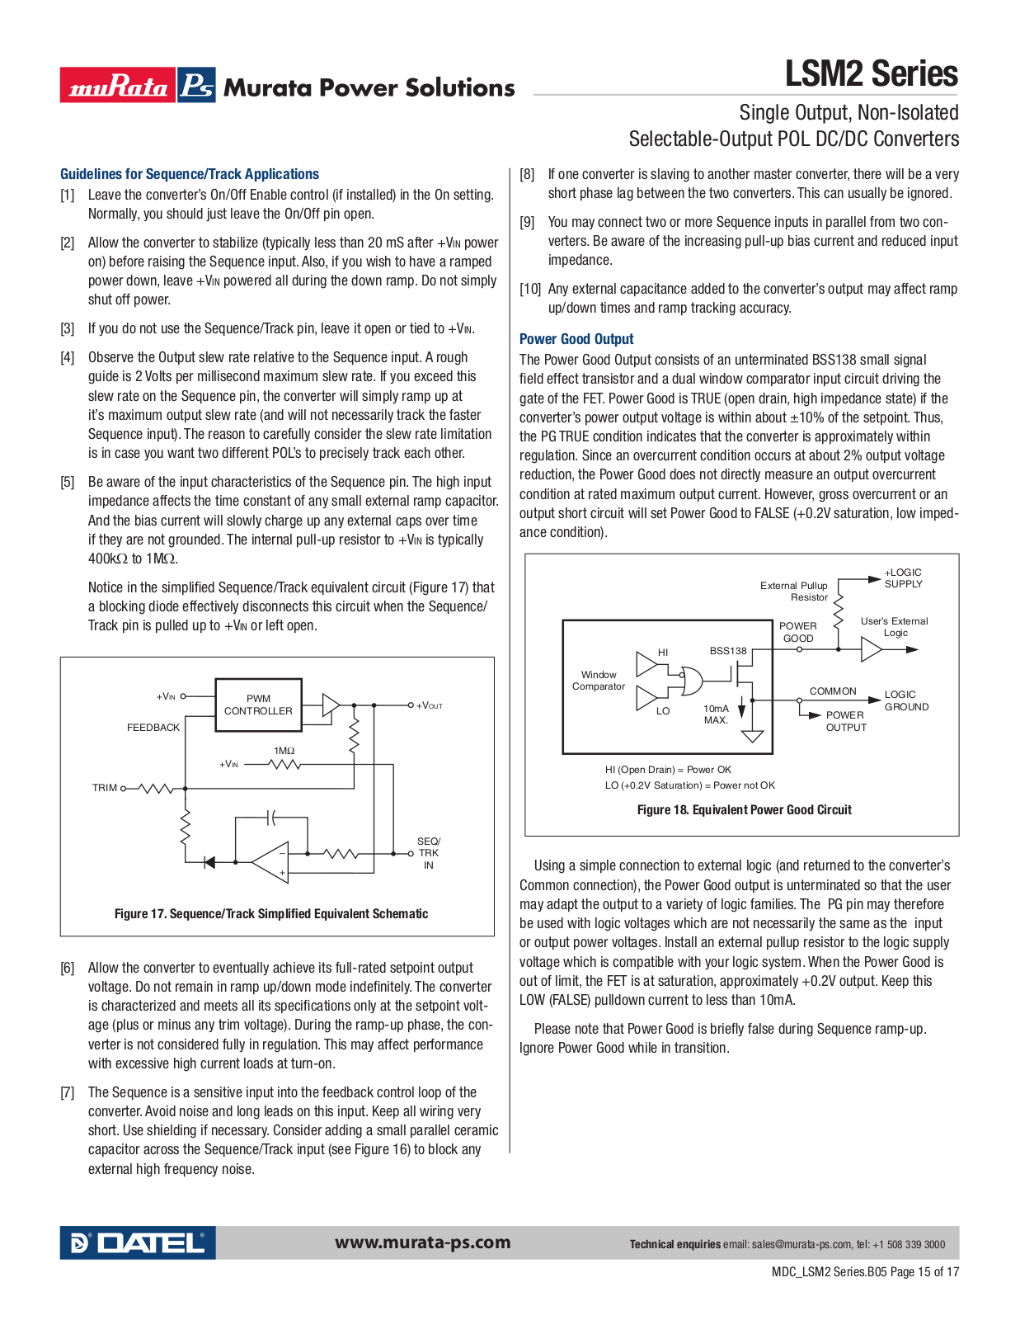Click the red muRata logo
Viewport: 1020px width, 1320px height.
(118, 85)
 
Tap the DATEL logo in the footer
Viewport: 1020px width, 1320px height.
(138, 1242)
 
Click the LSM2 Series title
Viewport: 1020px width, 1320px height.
(871, 73)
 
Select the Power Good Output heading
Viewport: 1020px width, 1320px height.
(576, 339)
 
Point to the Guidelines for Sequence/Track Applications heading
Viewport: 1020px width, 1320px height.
(190, 174)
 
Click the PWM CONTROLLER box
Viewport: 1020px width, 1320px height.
(258, 705)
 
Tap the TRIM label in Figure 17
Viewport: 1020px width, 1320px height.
(105, 788)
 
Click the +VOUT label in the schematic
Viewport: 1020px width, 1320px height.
(430, 705)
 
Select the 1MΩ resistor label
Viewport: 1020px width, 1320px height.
(284, 751)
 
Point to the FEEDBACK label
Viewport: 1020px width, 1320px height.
(153, 728)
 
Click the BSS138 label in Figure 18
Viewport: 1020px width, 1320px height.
(728, 651)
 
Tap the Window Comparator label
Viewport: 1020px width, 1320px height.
(599, 681)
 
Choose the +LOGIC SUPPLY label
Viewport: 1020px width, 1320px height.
(903, 578)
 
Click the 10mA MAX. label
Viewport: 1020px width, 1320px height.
(716, 714)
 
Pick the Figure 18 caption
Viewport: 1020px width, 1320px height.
(744, 810)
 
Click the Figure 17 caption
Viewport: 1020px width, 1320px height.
(271, 914)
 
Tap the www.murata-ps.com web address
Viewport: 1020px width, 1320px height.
(422, 1242)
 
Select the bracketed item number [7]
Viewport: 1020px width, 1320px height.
(68, 1092)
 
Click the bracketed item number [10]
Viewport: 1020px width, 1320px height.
(530, 289)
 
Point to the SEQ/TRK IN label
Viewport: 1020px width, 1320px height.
(429, 853)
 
